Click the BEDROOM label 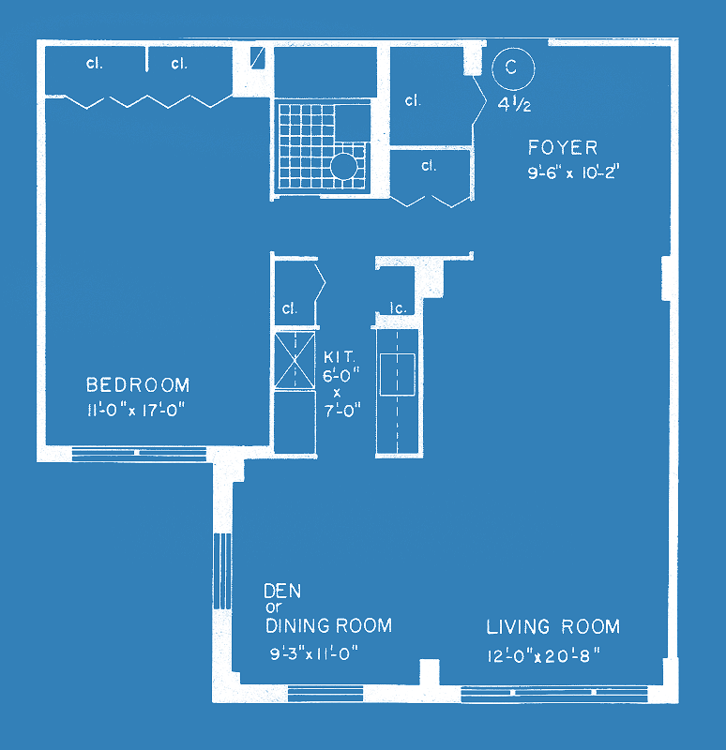tap(138, 385)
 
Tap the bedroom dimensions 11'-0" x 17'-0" tap(136, 410)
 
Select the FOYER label tap(563, 148)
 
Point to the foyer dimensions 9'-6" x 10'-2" tap(574, 172)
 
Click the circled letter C tap(512, 68)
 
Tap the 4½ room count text tap(514, 104)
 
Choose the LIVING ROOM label tap(552, 626)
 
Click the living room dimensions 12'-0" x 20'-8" tap(544, 655)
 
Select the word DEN tap(282, 592)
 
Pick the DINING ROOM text tap(329, 625)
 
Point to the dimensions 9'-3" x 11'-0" tap(314, 653)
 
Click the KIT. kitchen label tap(340, 357)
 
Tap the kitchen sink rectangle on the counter tap(397, 374)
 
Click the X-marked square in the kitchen tap(295, 360)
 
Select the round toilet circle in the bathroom tap(343, 166)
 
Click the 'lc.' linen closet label tap(399, 308)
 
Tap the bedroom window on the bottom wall tap(139, 453)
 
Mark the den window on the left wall tap(222, 571)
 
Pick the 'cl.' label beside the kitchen tap(290, 308)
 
